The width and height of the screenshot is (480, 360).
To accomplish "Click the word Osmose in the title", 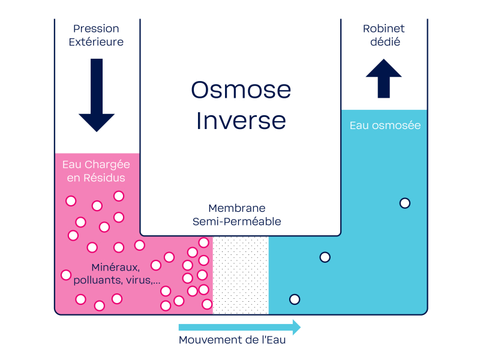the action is pos(241,90).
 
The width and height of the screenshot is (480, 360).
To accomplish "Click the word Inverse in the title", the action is pos(241,121).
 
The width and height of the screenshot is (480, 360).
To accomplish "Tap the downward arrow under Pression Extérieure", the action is pos(97,95).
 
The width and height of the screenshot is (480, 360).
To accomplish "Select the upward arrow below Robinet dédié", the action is pos(383,79).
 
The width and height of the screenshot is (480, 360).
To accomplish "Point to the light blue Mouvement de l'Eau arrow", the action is pos(239,327).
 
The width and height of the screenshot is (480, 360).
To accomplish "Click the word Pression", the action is pos(96,29).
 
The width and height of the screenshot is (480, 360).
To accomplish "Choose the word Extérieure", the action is pos(96,42).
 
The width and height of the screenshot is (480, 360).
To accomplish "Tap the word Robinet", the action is pos(383,29).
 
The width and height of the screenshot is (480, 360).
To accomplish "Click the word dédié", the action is pos(385,42).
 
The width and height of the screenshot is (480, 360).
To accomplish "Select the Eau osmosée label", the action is pos(385,125).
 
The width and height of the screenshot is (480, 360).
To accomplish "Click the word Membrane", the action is pos(237,208).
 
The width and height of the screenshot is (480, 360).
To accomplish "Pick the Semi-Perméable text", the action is pos(237,221).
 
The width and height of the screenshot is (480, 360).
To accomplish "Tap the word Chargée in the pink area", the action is pos(107,165).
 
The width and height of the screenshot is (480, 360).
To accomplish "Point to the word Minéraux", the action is pos(116,268).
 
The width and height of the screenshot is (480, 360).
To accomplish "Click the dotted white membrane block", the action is pos(241,275).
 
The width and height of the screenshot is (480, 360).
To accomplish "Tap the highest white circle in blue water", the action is pos(405,203).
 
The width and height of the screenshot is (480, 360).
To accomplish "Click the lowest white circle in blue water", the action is pos(295,299).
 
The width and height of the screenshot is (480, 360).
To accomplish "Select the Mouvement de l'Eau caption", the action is pos(232,340).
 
